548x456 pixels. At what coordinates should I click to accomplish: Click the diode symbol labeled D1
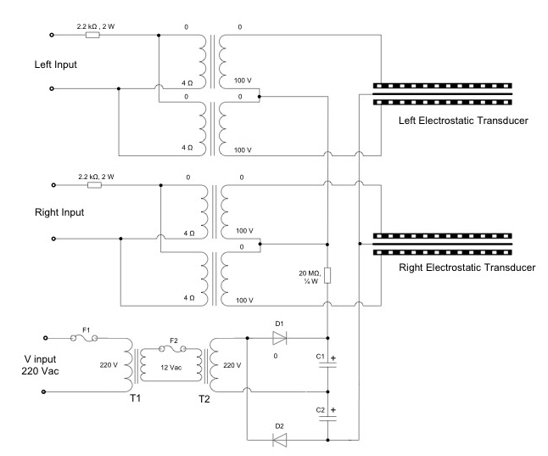click(x=277, y=337)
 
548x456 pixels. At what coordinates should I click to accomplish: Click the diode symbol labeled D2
click(x=277, y=440)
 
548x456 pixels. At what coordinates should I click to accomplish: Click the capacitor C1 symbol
click(x=327, y=365)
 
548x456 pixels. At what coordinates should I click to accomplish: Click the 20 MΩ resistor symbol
click(x=327, y=276)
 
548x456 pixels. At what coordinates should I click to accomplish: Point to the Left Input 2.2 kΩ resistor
click(x=94, y=36)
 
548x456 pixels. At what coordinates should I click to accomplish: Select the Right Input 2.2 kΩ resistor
click(x=94, y=185)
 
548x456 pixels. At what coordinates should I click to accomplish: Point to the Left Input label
click(x=32, y=61)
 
